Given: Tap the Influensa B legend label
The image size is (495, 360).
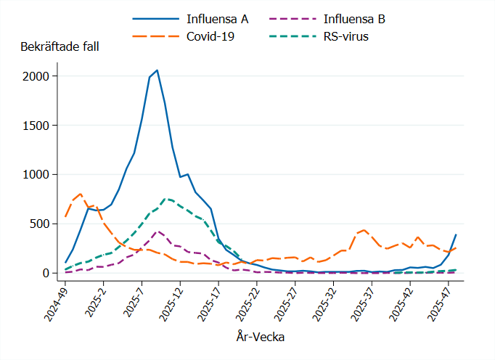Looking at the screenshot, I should (x=346, y=18).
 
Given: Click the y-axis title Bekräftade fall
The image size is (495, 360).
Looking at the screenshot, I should (x=60, y=47).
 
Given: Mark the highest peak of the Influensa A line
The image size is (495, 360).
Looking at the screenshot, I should (x=157, y=70).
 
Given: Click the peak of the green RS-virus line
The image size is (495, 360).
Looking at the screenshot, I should (x=165, y=198).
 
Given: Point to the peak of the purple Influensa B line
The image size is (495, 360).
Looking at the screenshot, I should (x=157, y=232).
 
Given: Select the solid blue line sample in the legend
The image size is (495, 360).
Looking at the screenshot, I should (x=152, y=18).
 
